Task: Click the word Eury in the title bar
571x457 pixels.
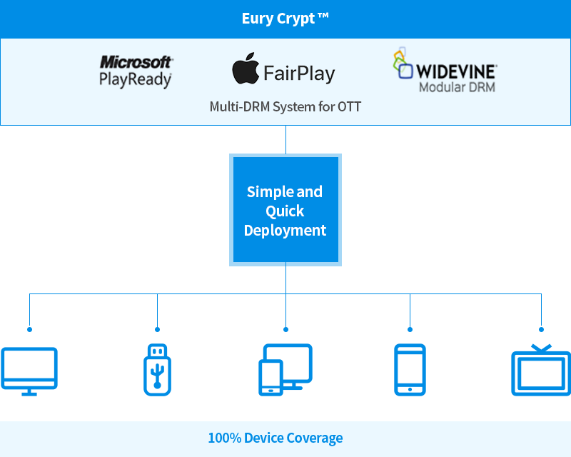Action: click(257, 19)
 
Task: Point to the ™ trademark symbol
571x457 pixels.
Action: click(323, 17)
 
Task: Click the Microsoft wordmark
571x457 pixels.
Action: click(136, 62)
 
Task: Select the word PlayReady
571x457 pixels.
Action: click(136, 79)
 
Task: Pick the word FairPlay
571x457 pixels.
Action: click(298, 73)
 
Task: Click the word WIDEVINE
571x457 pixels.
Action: click(456, 71)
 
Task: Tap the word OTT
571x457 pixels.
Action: click(349, 107)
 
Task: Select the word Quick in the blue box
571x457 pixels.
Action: click(285, 211)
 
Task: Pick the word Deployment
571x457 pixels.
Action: click(285, 231)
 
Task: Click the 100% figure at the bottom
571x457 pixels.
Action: click(224, 438)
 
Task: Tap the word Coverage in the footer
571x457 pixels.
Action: click(313, 438)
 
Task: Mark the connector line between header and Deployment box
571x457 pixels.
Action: click(285, 139)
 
